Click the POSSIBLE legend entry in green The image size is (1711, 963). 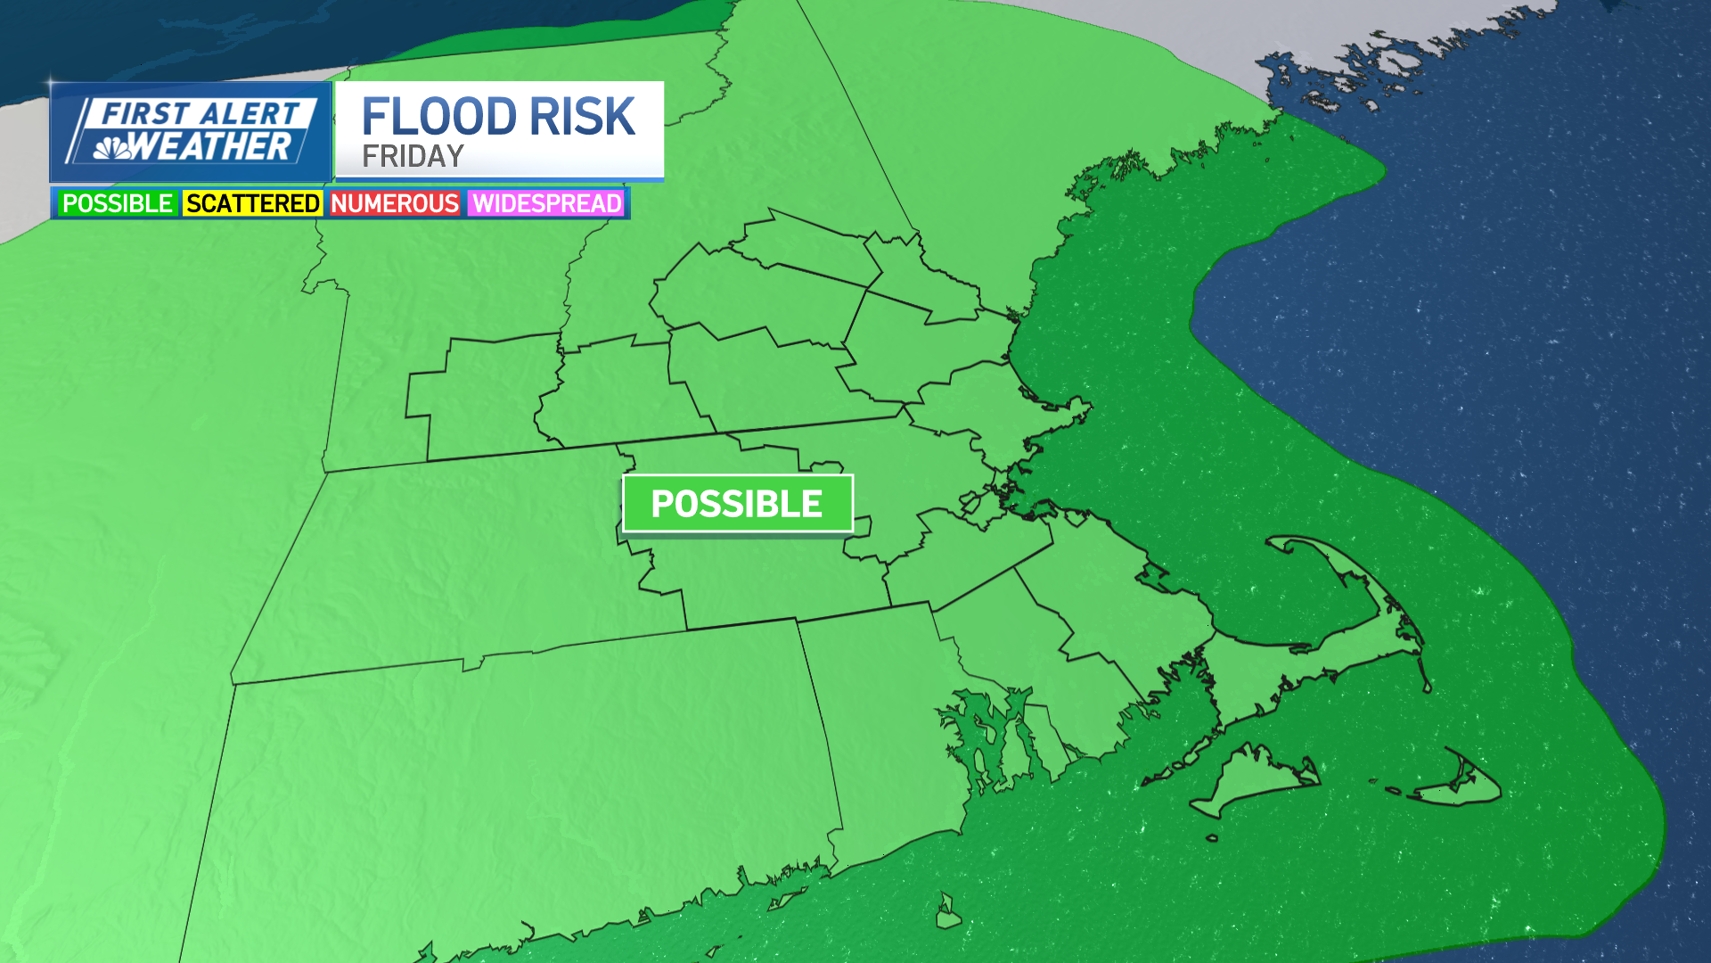point(117,203)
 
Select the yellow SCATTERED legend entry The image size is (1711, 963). point(253,203)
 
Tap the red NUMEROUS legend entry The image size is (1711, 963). point(395,203)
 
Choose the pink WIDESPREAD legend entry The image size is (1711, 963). point(547,203)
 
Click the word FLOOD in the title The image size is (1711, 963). point(438,117)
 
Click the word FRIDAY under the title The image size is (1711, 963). point(413,157)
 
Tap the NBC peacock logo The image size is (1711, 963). point(112,147)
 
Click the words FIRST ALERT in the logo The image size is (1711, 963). point(201,114)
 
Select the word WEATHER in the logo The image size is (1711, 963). point(212,146)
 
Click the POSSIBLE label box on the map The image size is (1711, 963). point(737,504)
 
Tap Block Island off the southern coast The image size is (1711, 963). point(947,915)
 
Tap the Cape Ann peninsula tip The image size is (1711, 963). point(1083,408)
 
